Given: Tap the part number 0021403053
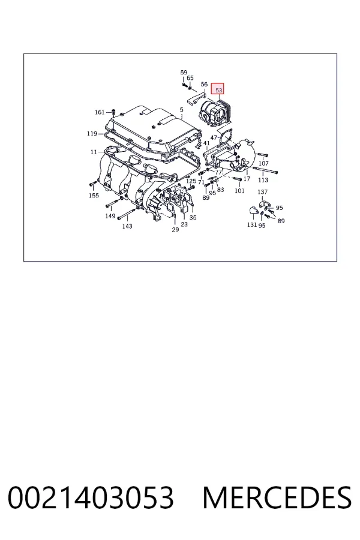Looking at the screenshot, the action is click(x=91, y=497).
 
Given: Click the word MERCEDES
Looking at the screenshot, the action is click(x=277, y=497).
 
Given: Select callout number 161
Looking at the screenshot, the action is click(x=100, y=112).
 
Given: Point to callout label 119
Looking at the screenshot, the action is click(x=92, y=134).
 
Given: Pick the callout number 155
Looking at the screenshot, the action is click(x=94, y=196).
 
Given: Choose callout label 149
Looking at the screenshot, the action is click(x=110, y=216).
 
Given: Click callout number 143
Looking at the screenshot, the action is click(x=127, y=226).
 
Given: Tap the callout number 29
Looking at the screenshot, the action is click(x=175, y=230).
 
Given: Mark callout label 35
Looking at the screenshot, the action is click(x=193, y=218).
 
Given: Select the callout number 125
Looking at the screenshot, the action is click(x=191, y=181).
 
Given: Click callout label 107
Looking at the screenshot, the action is click(x=263, y=163).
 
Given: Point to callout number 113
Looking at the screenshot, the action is click(x=263, y=180).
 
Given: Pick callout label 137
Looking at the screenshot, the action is click(x=263, y=192).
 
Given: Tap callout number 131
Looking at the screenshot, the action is click(x=252, y=225).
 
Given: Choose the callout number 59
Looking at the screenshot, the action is click(x=184, y=73).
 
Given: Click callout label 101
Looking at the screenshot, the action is click(x=239, y=190).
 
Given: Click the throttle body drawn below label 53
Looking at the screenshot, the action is click(x=214, y=113).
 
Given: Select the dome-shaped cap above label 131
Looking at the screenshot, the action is click(x=254, y=210).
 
